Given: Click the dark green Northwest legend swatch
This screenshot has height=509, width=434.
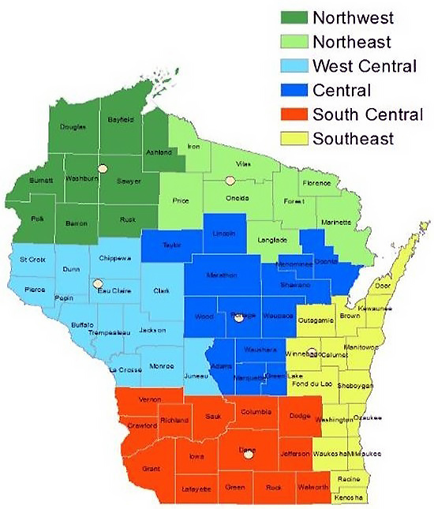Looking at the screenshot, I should tap(294, 17).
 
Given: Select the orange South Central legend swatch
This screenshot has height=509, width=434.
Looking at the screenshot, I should tap(294, 115).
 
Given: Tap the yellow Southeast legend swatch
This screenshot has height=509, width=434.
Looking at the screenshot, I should tap(294, 140).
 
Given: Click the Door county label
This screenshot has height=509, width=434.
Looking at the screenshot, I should tap(383, 285).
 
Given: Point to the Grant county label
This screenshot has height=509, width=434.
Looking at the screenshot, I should tap(151, 469).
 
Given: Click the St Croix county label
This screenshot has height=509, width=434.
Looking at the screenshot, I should tap(33, 259).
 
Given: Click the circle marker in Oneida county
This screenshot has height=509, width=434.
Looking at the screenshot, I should tap(230, 181).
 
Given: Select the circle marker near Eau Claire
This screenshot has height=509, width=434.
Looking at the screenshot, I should tap(98, 283).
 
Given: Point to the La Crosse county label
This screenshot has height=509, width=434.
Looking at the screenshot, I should tap(125, 369).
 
